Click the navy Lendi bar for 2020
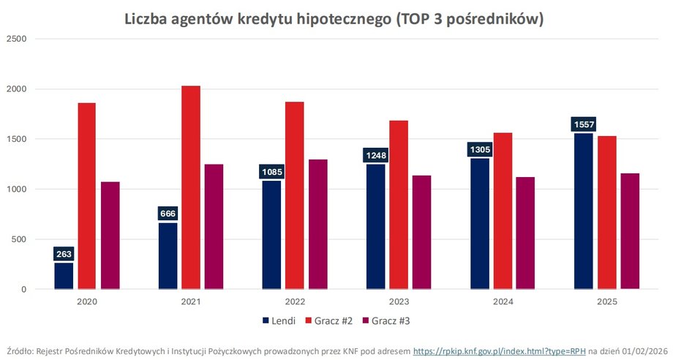(64, 276)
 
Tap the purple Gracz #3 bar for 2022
(318, 224)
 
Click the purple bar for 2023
(422, 232)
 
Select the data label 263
(64, 255)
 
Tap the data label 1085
(271, 173)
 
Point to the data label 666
(168, 214)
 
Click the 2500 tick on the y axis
(17, 39)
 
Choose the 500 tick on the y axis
(19, 239)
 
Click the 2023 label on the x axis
(399, 301)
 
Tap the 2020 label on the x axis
(87, 301)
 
